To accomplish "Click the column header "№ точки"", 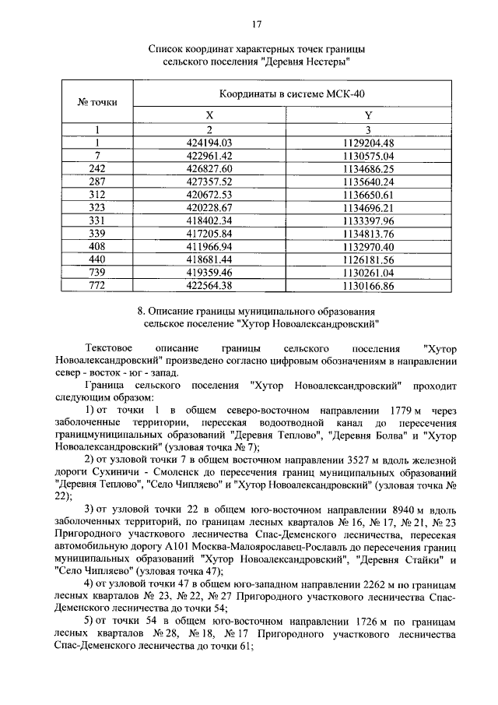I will coord(97,102).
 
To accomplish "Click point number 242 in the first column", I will coord(97,168).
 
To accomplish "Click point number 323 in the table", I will coord(97,207).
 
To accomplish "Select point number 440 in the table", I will coord(97,259).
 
